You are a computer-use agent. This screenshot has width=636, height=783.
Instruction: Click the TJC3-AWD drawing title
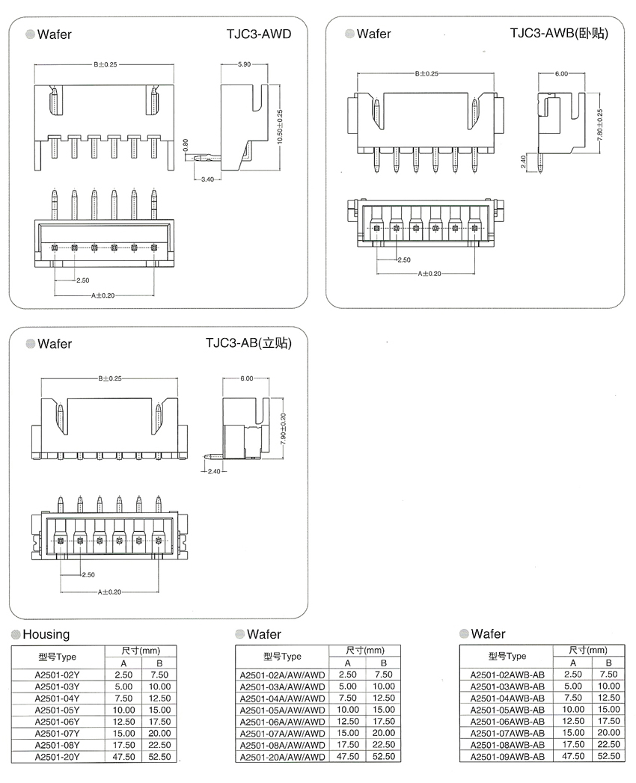(x=258, y=34)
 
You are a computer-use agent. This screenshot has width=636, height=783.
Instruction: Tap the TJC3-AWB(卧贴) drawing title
(x=558, y=34)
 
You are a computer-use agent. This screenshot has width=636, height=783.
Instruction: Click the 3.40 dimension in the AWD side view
(x=208, y=179)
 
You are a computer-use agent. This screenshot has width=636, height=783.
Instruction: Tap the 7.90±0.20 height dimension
(x=283, y=430)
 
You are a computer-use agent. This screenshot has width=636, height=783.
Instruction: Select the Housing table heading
(x=46, y=634)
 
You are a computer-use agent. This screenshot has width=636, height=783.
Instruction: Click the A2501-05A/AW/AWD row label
(x=282, y=710)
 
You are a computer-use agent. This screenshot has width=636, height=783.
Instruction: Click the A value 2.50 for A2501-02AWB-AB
(x=572, y=675)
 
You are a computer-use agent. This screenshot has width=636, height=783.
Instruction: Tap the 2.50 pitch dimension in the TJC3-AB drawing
(x=88, y=574)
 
